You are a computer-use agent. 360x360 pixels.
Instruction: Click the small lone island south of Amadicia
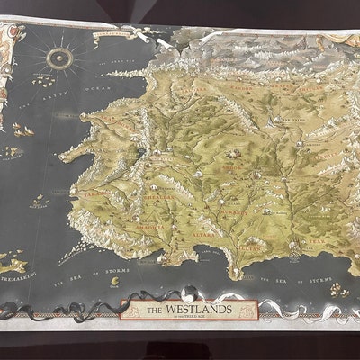pyautogui.click(x=114, y=280)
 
